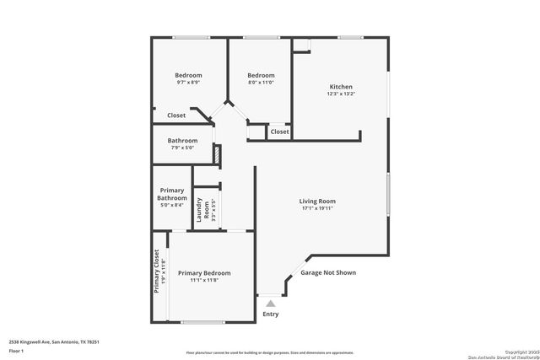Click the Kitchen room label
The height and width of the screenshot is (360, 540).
[x=341, y=87]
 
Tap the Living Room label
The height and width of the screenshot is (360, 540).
[x=317, y=201]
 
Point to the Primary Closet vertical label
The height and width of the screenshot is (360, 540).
[x=156, y=271]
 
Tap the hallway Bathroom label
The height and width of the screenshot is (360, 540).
[x=182, y=141]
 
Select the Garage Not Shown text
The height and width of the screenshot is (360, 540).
[x=328, y=273]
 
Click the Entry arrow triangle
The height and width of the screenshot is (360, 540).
[x=270, y=302]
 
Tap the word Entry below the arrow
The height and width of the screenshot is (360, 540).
[x=270, y=314]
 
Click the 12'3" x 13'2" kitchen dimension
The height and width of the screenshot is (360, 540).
[x=341, y=94]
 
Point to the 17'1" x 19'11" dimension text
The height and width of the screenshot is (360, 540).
[x=317, y=209]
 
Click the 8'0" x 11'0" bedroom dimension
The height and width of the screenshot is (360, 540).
[x=261, y=83]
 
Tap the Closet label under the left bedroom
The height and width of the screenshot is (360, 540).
[x=176, y=116]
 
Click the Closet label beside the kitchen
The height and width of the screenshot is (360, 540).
[x=279, y=132]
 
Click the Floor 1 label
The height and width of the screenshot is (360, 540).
[x=17, y=351]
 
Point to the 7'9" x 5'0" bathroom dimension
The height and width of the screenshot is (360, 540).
[x=182, y=148]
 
